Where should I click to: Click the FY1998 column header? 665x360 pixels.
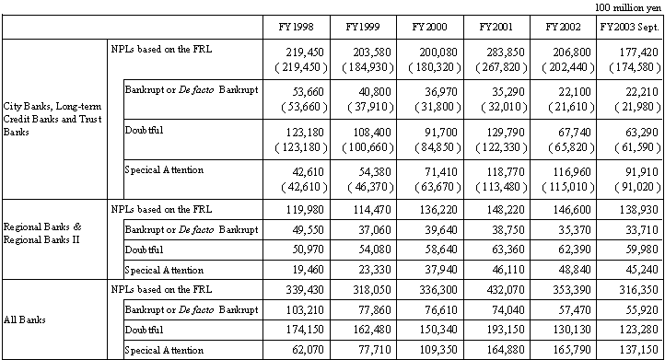click(x=295, y=26)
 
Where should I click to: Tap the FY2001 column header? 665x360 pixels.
click(x=496, y=26)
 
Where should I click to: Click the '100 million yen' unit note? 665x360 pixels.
click(x=628, y=6)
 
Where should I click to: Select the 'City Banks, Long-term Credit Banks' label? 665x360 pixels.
click(x=51, y=121)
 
